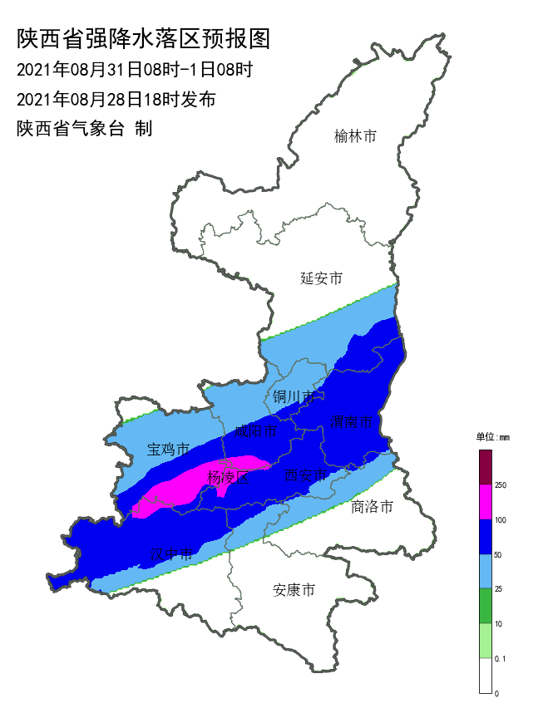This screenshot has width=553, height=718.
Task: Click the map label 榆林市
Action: click(x=355, y=136)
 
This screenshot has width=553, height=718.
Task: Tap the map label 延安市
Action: click(x=321, y=278)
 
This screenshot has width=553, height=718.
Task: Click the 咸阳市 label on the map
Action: click(x=255, y=430)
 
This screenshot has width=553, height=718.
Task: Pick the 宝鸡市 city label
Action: click(x=169, y=450)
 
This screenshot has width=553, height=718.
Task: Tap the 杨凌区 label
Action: click(x=228, y=477)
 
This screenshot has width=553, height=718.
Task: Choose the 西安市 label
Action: click(x=305, y=475)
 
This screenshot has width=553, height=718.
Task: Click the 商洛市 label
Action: click(x=372, y=506)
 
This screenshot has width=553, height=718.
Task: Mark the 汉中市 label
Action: click(x=171, y=553)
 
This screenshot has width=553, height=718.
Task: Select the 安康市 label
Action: click(x=294, y=591)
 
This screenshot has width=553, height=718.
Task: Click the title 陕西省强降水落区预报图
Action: click(x=144, y=38)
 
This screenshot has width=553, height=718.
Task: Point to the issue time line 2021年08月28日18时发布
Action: click(x=116, y=100)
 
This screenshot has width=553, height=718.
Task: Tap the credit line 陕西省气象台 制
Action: click(x=84, y=129)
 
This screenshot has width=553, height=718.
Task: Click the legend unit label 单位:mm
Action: click(x=492, y=436)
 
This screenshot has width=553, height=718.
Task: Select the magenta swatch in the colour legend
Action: click(x=486, y=502)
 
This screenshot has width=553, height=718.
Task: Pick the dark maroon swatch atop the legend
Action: click(x=486, y=466)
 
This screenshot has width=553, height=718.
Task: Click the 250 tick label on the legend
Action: click(x=501, y=484)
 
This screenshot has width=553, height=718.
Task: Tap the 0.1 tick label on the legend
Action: click(x=501, y=658)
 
